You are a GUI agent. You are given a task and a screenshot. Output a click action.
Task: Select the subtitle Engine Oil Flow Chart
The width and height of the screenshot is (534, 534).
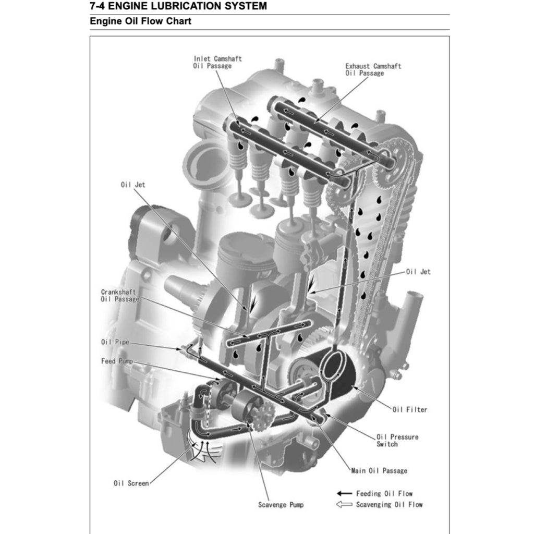[x=140, y=21]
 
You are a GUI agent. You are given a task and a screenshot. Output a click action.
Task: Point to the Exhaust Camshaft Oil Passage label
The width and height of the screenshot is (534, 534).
[x=373, y=70]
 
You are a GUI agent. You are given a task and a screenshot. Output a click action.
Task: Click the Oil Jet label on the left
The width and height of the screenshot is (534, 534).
[x=133, y=185]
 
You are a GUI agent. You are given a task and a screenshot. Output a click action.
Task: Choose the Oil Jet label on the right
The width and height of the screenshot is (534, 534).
[x=418, y=272]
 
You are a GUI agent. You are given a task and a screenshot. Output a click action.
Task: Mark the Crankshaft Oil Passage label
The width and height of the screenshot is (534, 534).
[x=120, y=296]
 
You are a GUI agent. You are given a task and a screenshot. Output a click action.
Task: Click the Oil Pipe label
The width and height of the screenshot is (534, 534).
[x=115, y=343]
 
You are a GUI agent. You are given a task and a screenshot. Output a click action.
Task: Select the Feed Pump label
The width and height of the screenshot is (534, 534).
[x=117, y=361]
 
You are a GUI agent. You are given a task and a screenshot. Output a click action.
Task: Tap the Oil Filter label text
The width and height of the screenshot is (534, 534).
[x=409, y=410]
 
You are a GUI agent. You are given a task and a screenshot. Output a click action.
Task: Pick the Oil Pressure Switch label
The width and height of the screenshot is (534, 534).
[x=397, y=441]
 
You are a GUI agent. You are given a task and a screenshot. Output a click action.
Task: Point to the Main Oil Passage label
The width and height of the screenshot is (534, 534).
[x=379, y=471]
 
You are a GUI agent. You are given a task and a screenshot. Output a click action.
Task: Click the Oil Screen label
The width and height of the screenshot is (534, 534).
[x=131, y=483]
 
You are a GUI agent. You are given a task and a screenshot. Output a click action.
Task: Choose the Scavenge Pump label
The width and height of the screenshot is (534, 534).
[x=281, y=505]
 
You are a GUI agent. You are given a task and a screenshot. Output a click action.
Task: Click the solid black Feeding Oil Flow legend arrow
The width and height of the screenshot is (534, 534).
[x=344, y=493]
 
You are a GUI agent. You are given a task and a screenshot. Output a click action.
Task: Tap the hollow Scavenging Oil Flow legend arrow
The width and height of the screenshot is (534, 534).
[x=344, y=505]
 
